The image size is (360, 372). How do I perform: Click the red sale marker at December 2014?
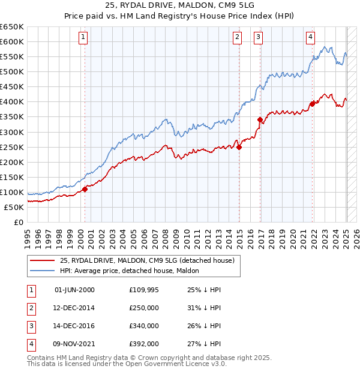[239, 148]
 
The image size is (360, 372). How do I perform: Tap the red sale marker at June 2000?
[85, 190]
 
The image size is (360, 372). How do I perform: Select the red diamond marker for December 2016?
[260, 120]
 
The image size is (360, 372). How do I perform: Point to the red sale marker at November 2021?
[313, 104]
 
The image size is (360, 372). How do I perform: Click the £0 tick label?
[19, 223]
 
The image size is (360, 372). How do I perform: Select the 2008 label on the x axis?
[165, 239]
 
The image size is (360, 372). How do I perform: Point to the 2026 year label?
[356, 239]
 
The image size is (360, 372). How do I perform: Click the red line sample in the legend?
[43, 260]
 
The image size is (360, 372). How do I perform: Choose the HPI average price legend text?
[130, 271]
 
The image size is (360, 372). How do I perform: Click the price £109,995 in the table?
[144, 290]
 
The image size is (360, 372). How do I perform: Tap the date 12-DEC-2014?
[74, 308]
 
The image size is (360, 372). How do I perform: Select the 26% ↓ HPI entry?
[204, 326]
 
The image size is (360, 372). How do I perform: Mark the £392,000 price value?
[144, 344]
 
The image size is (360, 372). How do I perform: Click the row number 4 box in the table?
[32, 345]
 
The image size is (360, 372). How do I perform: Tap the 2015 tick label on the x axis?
[239, 239]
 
